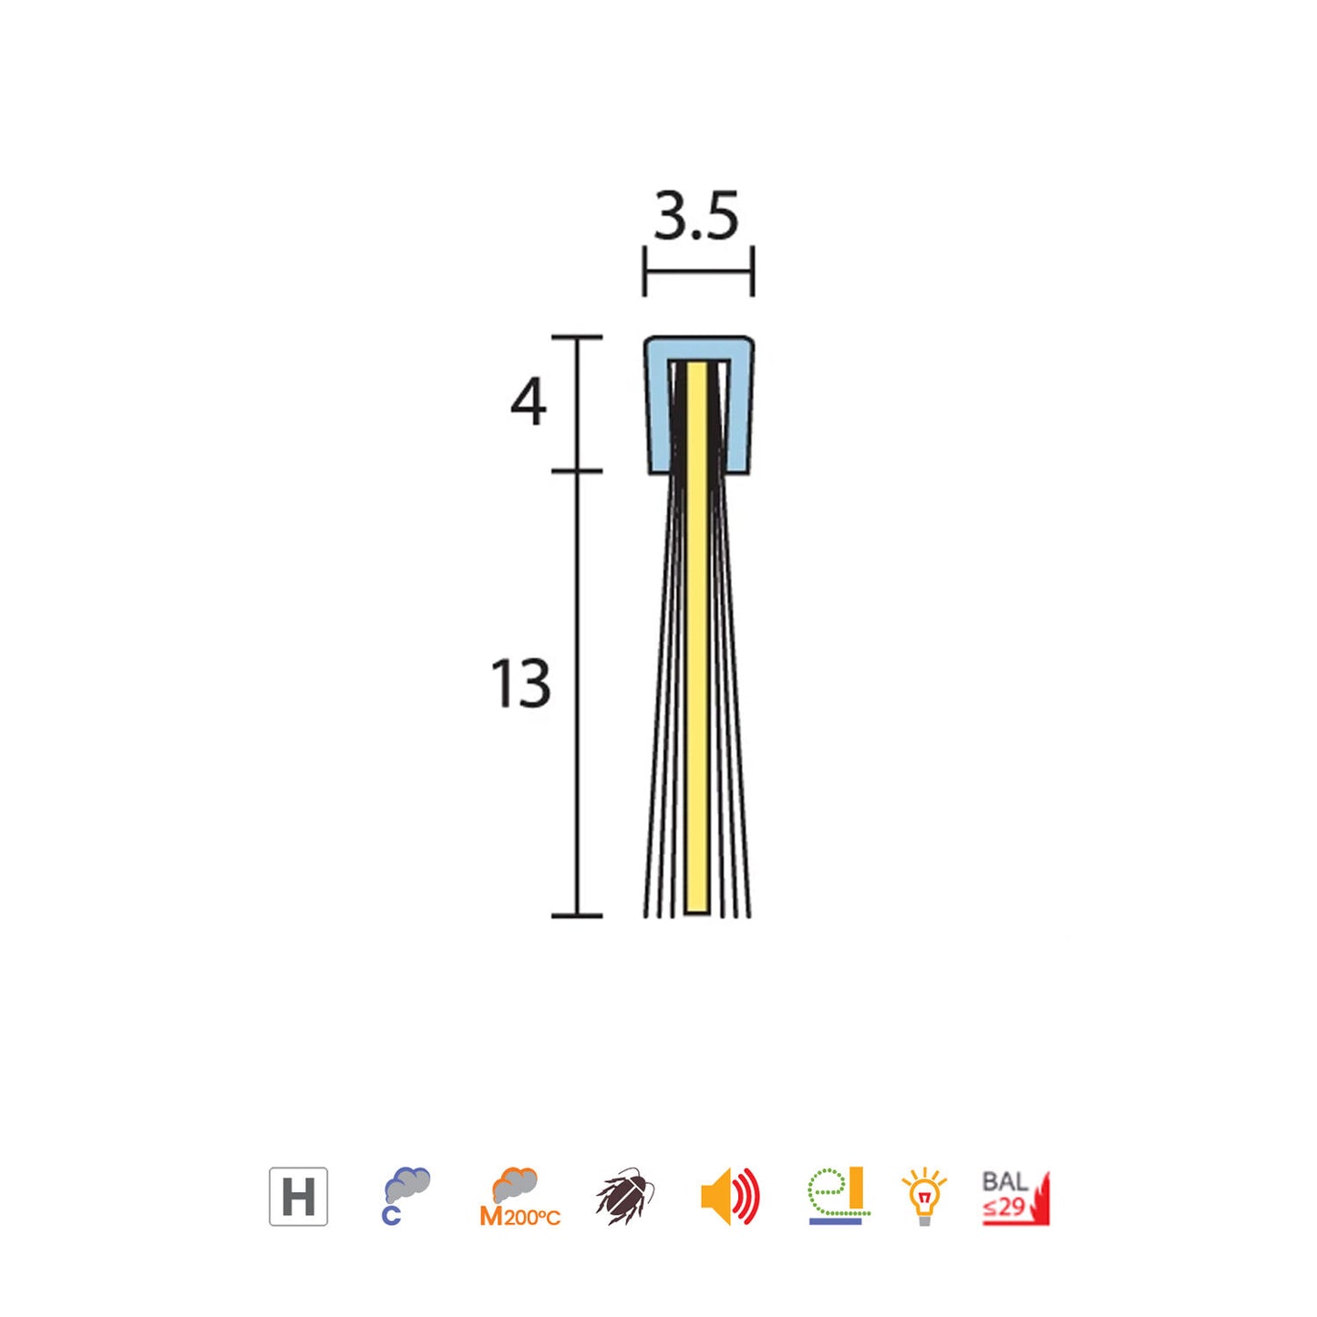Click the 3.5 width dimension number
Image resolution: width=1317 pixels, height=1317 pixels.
pyautogui.click(x=696, y=218)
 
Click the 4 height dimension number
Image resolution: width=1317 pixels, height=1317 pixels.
pyautogui.click(x=529, y=402)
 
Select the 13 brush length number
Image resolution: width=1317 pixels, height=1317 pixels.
pyautogui.click(x=521, y=684)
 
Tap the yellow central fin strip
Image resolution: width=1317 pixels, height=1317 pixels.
pyautogui.click(x=697, y=638)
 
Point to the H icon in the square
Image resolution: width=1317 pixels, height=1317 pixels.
pyautogui.click(x=298, y=1197)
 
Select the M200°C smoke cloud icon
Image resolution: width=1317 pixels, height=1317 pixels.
pyautogui.click(x=519, y=1197)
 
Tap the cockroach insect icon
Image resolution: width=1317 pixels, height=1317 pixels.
pyautogui.click(x=625, y=1196)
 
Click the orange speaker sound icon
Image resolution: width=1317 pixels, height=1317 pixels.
pyautogui.click(x=730, y=1197)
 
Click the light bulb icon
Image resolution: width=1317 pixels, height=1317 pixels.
pyautogui.click(x=924, y=1196)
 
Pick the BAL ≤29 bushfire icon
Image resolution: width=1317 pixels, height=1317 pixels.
pyautogui.click(x=1015, y=1197)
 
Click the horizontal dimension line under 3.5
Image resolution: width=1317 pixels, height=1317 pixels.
pyautogui.click(x=698, y=271)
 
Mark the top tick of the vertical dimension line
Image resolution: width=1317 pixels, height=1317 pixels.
pyautogui.click(x=577, y=337)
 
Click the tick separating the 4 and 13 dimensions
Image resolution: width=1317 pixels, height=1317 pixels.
pyautogui.click(x=577, y=471)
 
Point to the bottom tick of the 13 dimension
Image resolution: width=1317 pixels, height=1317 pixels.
pyautogui.click(x=577, y=915)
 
